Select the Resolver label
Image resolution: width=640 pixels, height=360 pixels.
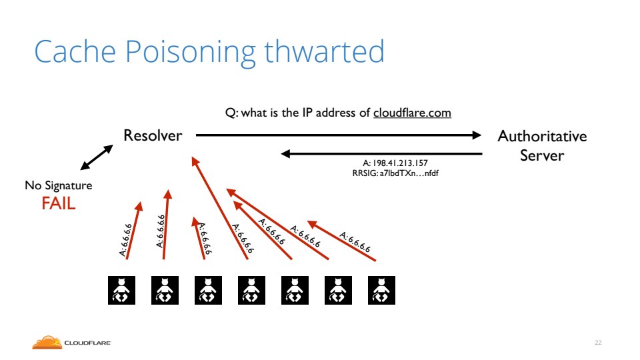pos(153,136)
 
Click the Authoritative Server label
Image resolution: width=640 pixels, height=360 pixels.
pos(542,145)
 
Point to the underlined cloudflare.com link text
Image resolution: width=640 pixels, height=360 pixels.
pos(412,113)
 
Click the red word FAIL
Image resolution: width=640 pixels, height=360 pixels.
pos(59,203)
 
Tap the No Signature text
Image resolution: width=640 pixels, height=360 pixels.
pos(59,185)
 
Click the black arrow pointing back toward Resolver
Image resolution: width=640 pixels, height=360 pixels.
pos(381,154)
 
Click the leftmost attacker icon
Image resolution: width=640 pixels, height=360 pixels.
pos(122,291)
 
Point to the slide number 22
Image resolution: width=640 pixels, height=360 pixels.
pos(598,343)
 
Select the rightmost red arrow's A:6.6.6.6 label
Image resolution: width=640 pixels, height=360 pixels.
pos(355,243)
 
